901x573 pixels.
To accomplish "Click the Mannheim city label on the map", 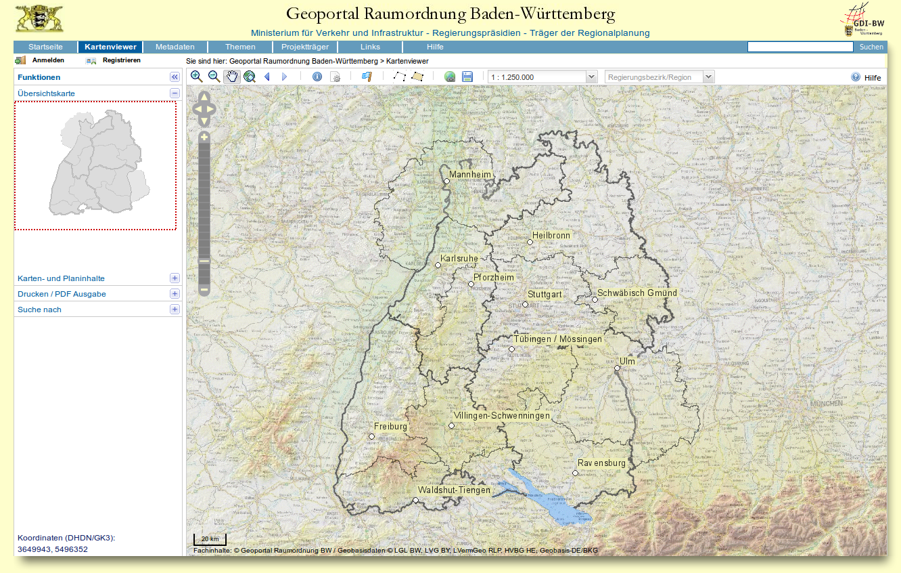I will coord(470,175).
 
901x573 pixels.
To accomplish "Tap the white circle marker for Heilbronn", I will coord(530,242).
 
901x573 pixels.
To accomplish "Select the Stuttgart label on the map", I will coord(545,295).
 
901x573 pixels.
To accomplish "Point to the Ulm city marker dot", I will coord(617,368).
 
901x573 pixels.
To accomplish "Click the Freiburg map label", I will coord(391,427).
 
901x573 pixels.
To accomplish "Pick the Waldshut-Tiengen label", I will coord(454,490).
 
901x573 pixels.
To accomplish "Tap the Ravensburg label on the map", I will coord(601,463).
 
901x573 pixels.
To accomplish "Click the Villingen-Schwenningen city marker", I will coord(451,426).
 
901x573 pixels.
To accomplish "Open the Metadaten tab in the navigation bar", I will coord(175,47).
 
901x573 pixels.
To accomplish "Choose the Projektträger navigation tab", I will coord(305,47).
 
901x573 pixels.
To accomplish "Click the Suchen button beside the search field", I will coord(871,47).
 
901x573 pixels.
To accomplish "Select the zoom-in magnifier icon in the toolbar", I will coord(196,77).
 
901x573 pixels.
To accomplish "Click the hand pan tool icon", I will coord(232,77).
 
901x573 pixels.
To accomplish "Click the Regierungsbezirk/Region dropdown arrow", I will coord(708,77).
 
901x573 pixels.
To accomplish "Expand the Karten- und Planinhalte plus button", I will coord(175,278).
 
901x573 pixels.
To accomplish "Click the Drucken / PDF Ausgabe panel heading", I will coord(62,294).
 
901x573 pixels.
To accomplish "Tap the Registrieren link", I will coord(121,60).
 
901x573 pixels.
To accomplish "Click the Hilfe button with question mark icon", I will coord(866,77).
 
